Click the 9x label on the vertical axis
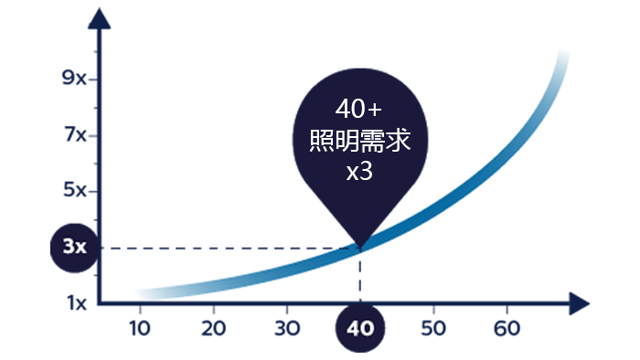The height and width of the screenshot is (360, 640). click(74, 78)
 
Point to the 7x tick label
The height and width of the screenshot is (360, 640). click(76, 134)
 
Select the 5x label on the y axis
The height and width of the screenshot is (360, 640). click(75, 190)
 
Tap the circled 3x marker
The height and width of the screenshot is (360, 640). click(75, 248)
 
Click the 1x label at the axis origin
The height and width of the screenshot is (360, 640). click(77, 303)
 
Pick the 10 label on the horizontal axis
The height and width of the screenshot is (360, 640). click(140, 329)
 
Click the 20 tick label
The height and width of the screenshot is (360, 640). click(213, 329)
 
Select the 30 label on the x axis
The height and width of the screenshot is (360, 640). click(287, 329)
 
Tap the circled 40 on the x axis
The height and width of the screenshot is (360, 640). click(360, 328)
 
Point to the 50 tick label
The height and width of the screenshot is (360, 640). click(433, 329)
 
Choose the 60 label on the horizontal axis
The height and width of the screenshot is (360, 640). click(507, 329)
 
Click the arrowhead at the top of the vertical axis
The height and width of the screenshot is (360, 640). click(99, 19)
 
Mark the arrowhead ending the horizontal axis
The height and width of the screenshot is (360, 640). click(579, 303)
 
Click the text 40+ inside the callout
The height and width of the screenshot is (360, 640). click(358, 110)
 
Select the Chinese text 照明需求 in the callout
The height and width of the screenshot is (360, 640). click(360, 141)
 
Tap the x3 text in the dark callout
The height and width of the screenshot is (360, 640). click(359, 172)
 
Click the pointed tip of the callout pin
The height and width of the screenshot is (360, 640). click(360, 247)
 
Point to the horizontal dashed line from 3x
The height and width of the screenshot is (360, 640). click(229, 248)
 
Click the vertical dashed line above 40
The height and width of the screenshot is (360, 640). click(360, 276)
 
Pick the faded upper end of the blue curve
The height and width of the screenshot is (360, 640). click(563, 55)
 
